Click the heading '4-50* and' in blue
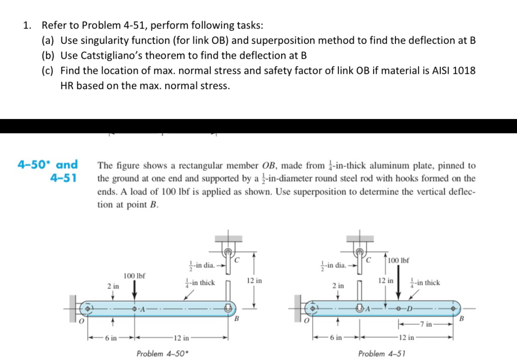coord(48,164)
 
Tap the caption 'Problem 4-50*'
coord(161,354)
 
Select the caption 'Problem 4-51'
coord(382,354)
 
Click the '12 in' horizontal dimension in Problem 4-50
coord(181,337)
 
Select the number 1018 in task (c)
coord(464,70)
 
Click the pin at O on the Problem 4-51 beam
coord(313,308)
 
